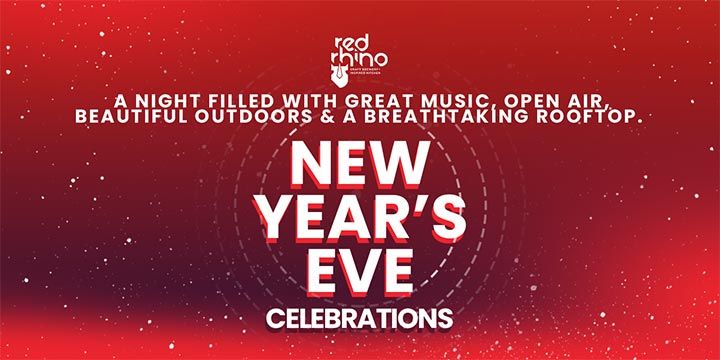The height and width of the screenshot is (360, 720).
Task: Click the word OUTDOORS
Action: click(255, 117)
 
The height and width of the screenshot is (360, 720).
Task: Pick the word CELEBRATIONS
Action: click(359, 319)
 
